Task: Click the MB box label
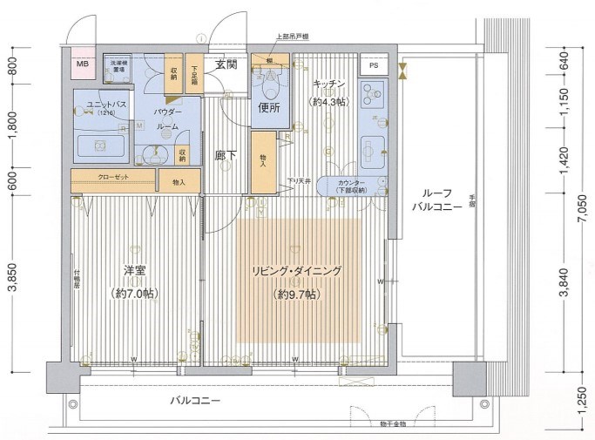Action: pos(82,64)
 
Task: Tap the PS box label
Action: pos(373,65)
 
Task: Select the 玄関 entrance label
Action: pos(227,64)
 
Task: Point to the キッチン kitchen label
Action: pos(329,85)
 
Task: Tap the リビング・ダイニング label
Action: pos(297,271)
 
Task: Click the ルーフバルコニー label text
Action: pos(430,200)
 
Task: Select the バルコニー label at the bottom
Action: pos(194,401)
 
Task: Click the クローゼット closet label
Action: pos(115,178)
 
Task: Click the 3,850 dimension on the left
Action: pos(11,275)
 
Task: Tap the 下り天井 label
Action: pos(301,181)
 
